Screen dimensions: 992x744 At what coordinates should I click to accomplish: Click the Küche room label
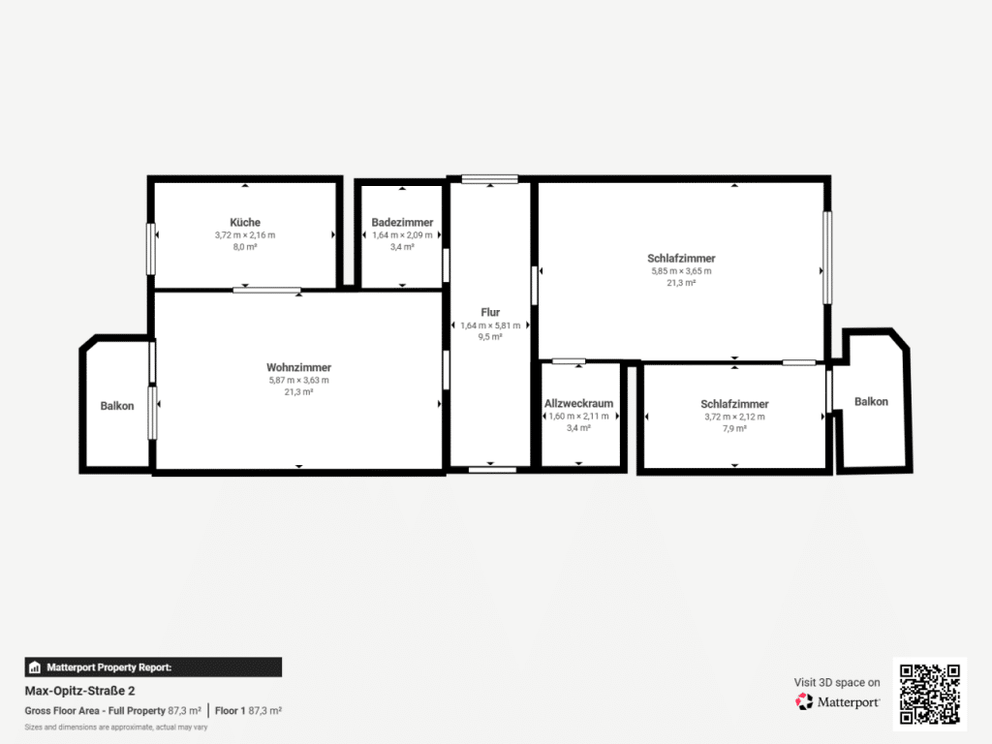tap(245, 222)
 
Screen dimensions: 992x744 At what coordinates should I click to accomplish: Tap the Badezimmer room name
tap(402, 222)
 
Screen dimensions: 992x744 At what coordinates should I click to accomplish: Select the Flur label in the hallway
tap(490, 312)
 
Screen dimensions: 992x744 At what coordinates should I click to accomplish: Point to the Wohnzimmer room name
tap(298, 367)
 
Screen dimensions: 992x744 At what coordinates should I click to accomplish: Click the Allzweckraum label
tap(579, 403)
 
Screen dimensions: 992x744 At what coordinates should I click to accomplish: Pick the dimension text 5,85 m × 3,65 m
tap(681, 271)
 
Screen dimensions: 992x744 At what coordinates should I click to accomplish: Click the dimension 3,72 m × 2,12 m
tap(734, 417)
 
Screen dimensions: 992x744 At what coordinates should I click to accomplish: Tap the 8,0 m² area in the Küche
tap(245, 247)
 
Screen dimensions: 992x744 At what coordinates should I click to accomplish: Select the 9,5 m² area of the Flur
tap(490, 336)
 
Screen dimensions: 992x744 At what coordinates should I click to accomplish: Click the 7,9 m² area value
tap(734, 428)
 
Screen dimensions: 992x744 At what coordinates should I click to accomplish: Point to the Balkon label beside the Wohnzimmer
tap(117, 406)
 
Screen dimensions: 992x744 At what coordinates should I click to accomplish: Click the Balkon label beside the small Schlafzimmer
tap(871, 401)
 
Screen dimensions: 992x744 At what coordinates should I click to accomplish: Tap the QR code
tap(929, 694)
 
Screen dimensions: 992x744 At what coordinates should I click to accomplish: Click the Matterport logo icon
tap(804, 701)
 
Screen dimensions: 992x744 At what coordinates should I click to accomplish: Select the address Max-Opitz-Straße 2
tap(79, 691)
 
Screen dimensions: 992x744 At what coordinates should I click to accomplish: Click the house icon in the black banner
tap(35, 666)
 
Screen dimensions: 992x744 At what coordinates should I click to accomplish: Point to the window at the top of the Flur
tap(489, 179)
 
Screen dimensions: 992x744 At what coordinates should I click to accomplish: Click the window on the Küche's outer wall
tap(150, 249)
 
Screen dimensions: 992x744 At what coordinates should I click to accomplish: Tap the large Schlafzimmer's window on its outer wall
tap(827, 258)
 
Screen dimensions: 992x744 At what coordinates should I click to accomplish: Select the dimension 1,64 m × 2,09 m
tap(402, 234)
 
